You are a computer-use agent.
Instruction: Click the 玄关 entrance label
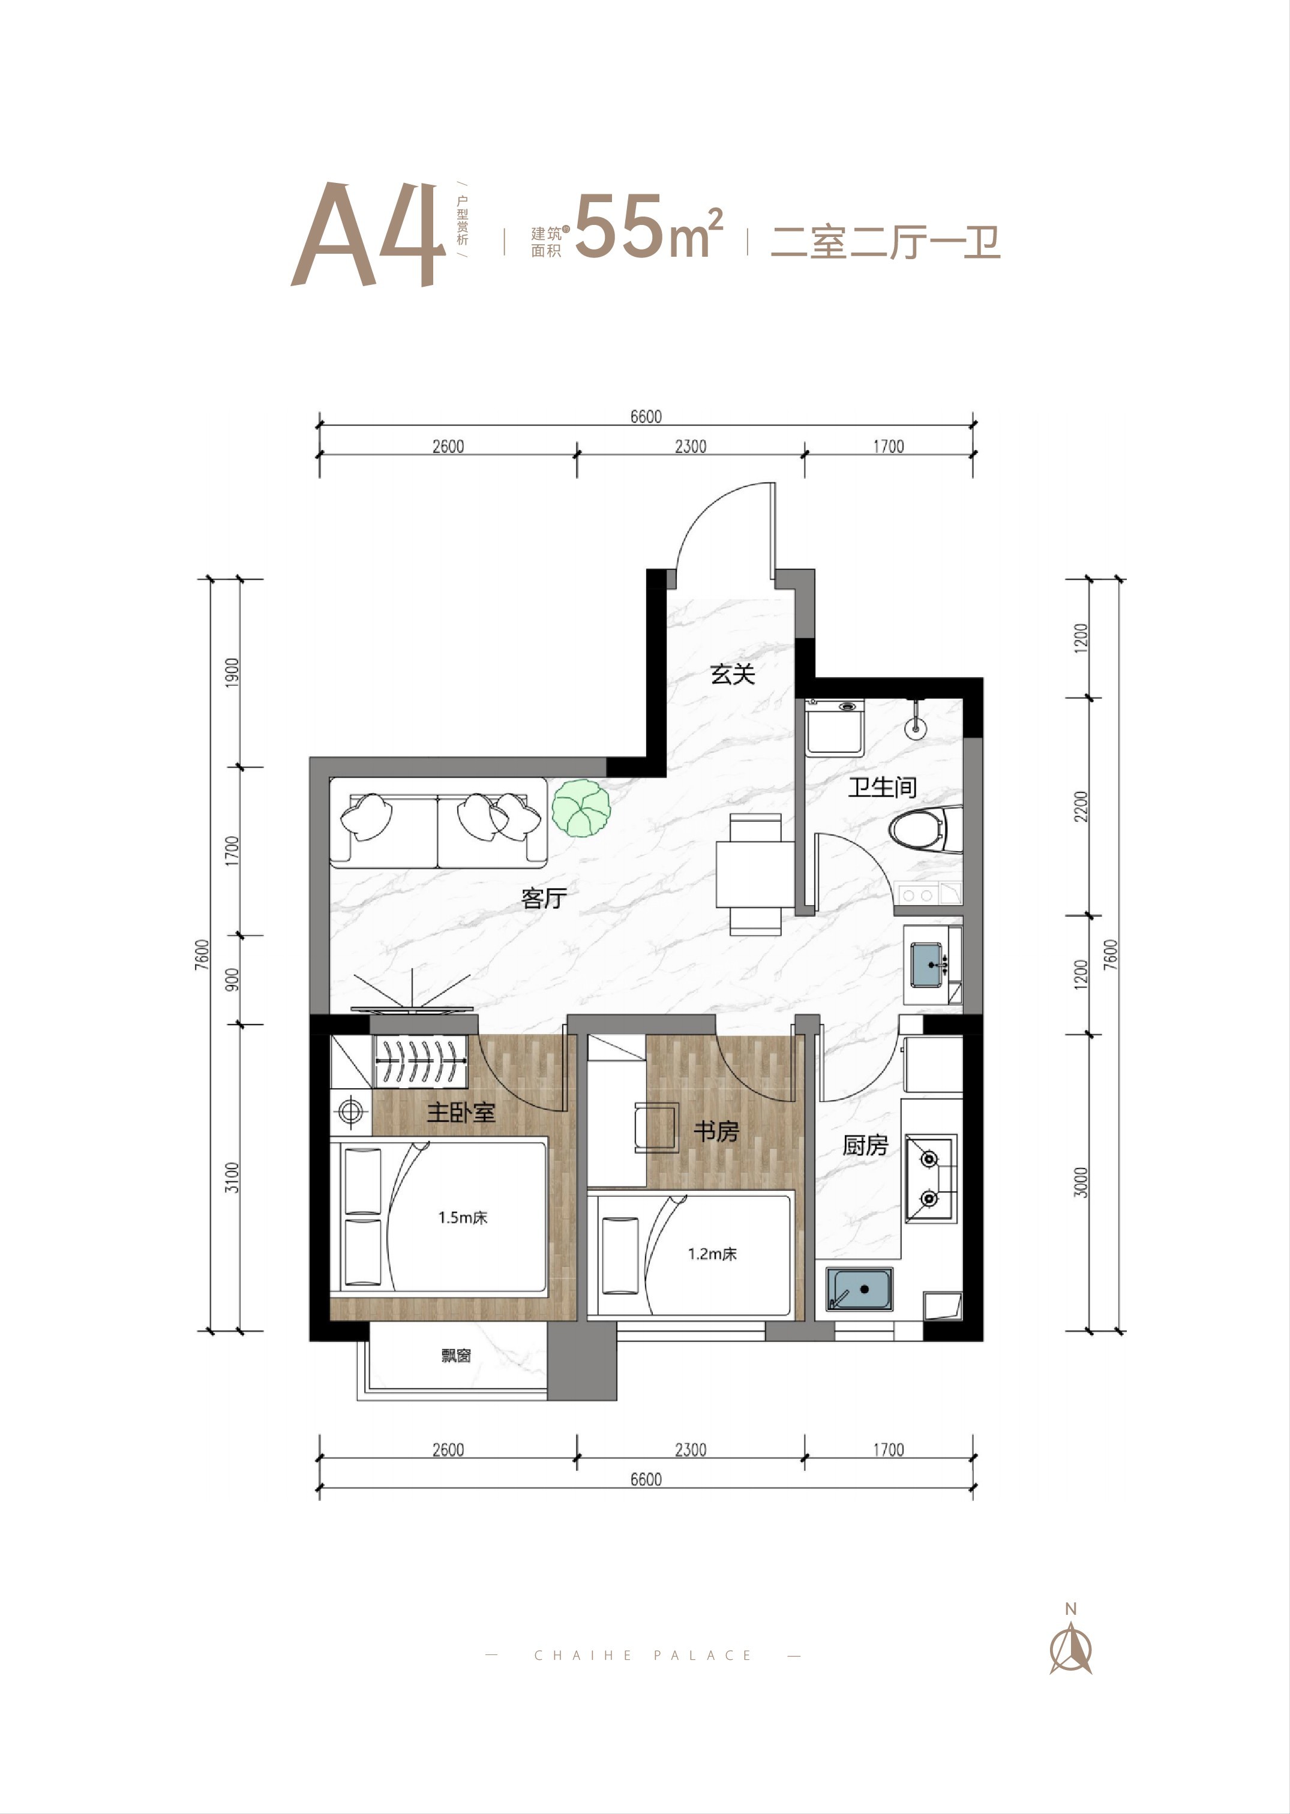pyautogui.click(x=731, y=674)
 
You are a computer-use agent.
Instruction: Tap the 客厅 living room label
pyautogui.click(x=544, y=898)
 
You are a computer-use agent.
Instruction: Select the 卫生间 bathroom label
pyautogui.click(x=882, y=787)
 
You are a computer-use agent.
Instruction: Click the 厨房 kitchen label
pyautogui.click(x=865, y=1145)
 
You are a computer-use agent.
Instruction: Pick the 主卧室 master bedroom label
pyautogui.click(x=461, y=1112)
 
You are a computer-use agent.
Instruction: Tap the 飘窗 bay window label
pyautogui.click(x=456, y=1356)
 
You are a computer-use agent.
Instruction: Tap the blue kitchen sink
pyautogui.click(x=859, y=1289)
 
